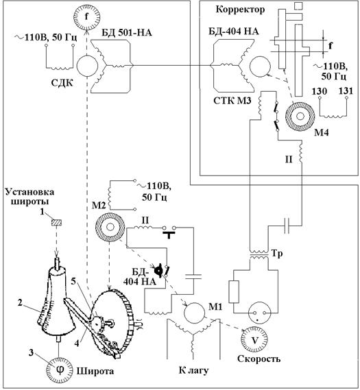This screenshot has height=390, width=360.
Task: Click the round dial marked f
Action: coord(86,16)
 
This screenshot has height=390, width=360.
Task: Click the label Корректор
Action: coord(240,10)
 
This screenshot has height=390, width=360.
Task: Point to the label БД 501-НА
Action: coord(127,33)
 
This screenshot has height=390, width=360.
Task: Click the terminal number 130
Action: coord(320,91)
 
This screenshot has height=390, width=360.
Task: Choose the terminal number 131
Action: coord(346,91)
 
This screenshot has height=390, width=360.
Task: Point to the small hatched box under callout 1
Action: coord(56,222)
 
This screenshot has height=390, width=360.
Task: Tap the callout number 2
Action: coord(21,302)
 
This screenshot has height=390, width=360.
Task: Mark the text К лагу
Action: coord(193,371)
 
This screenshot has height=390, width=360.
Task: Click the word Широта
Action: coord(95,371)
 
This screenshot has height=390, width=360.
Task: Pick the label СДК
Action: coord(62,83)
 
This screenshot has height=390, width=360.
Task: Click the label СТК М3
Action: coord(232,101)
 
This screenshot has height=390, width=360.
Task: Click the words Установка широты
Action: coord(30,197)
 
